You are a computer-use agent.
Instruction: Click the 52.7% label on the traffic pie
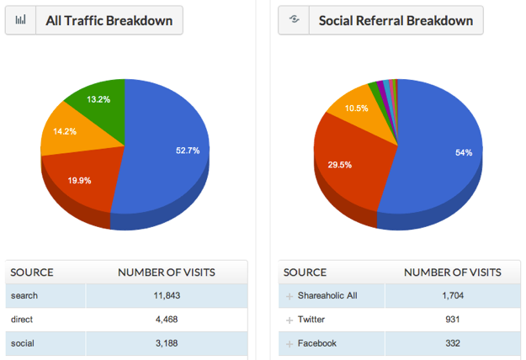click(188, 151)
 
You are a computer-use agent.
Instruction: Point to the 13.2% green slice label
click(98, 99)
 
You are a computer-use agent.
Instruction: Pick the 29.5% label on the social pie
click(340, 165)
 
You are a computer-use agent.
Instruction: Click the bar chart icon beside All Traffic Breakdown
click(20, 20)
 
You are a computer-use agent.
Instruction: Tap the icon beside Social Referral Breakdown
click(294, 20)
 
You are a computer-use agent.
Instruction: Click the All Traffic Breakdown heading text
click(109, 20)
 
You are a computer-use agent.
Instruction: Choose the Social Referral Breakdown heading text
click(396, 20)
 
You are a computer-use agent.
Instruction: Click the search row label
click(24, 296)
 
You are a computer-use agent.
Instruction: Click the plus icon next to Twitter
click(290, 320)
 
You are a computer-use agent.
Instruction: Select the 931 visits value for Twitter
click(452, 320)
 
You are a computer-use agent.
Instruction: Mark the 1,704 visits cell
click(452, 296)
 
